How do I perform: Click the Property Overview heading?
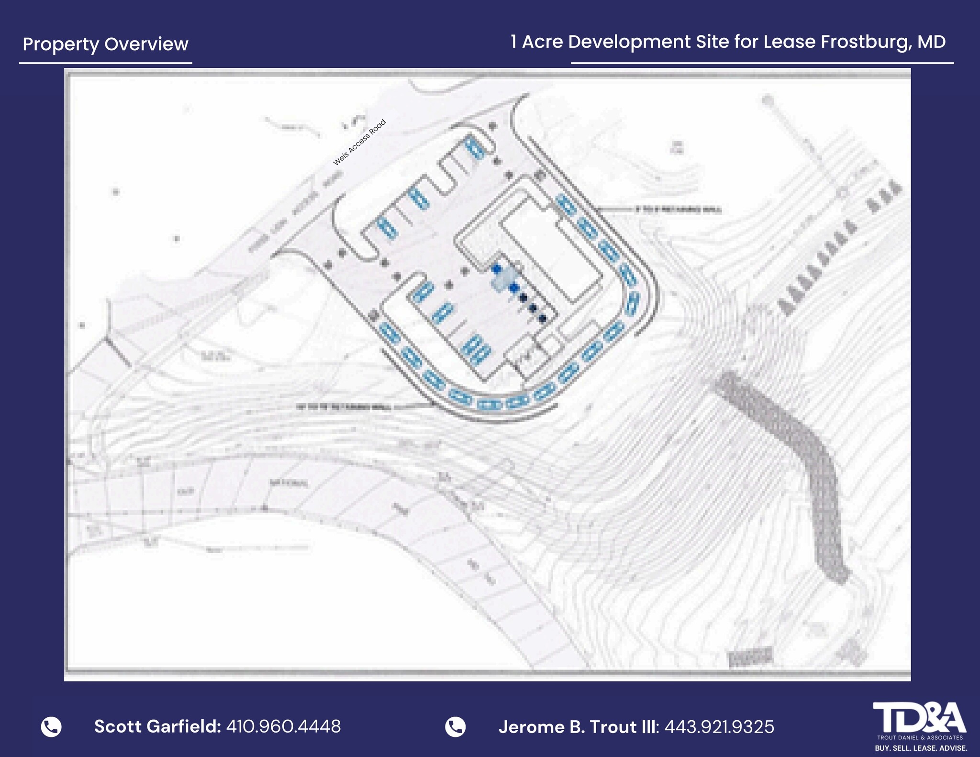tap(105, 44)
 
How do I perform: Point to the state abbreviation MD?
tap(931, 42)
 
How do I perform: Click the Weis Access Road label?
tap(359, 143)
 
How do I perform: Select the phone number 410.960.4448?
tap(283, 726)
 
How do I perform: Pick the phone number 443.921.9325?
tap(719, 727)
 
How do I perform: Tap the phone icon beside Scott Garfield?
tap(51, 726)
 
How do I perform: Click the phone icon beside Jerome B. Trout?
tap(455, 727)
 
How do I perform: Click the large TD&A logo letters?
tap(919, 717)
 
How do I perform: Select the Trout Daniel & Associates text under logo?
tap(920, 738)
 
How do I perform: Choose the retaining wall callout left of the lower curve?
tap(345, 407)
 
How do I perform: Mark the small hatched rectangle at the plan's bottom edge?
tap(749, 657)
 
